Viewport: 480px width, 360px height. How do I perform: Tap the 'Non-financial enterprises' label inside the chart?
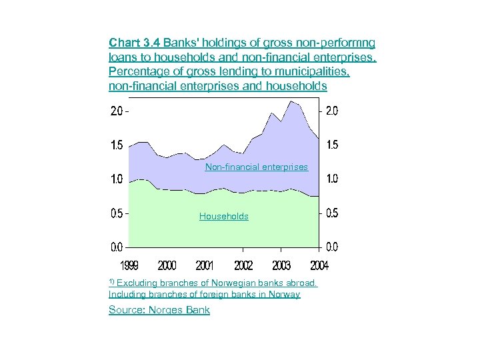pyautogui.click(x=257, y=167)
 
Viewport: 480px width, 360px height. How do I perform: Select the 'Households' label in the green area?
pyautogui.click(x=224, y=216)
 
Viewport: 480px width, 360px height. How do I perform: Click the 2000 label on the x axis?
pyautogui.click(x=167, y=265)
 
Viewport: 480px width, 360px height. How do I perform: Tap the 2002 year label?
pyautogui.click(x=243, y=265)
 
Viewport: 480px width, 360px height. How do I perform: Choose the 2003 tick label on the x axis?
pyautogui.click(x=281, y=265)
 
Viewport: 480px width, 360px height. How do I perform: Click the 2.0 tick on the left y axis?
pyautogui.click(x=117, y=111)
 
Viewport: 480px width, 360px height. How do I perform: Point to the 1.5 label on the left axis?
pyautogui.click(x=117, y=145)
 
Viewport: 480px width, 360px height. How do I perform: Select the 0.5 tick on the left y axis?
pyautogui.click(x=117, y=213)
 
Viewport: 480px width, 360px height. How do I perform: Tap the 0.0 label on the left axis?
pyautogui.click(x=117, y=247)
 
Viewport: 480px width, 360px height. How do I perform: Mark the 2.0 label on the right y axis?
pyautogui.click(x=331, y=111)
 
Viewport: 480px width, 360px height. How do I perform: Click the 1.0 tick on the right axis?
pyautogui.click(x=331, y=179)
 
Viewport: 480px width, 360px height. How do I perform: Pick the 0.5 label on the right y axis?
pyautogui.click(x=331, y=213)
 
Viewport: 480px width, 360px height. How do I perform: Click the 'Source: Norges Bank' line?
pyautogui.click(x=159, y=310)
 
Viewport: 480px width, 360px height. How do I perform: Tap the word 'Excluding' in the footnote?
pyautogui.click(x=137, y=283)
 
